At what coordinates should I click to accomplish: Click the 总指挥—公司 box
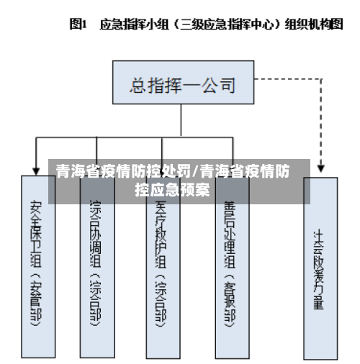(x=183, y=86)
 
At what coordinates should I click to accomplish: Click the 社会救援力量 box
(x=318, y=267)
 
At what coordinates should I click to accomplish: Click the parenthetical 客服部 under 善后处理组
(x=229, y=299)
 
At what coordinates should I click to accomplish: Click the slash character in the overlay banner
(x=197, y=172)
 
